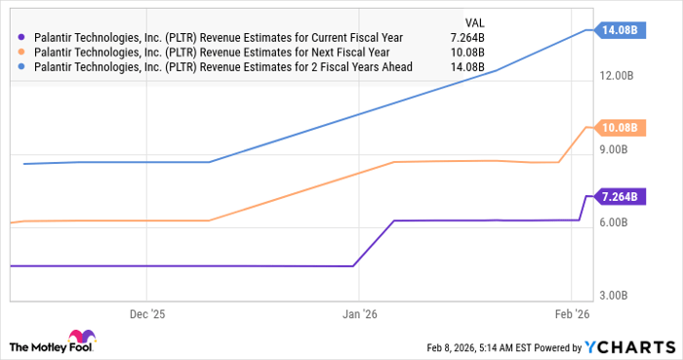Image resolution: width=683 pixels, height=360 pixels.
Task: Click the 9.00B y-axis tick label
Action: [x=619, y=149]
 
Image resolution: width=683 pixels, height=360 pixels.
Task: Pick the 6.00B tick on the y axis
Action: [x=619, y=222]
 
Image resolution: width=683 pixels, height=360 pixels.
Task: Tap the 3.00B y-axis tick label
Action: [x=619, y=296]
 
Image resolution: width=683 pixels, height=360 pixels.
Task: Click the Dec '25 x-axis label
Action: [x=146, y=314]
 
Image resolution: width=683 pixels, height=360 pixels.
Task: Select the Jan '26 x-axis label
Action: [x=358, y=314]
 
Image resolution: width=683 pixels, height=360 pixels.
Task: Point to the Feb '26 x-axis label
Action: [x=571, y=314]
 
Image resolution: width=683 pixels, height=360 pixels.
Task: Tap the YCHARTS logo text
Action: [x=628, y=347]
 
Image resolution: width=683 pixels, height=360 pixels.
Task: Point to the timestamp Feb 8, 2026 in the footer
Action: [x=458, y=347]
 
